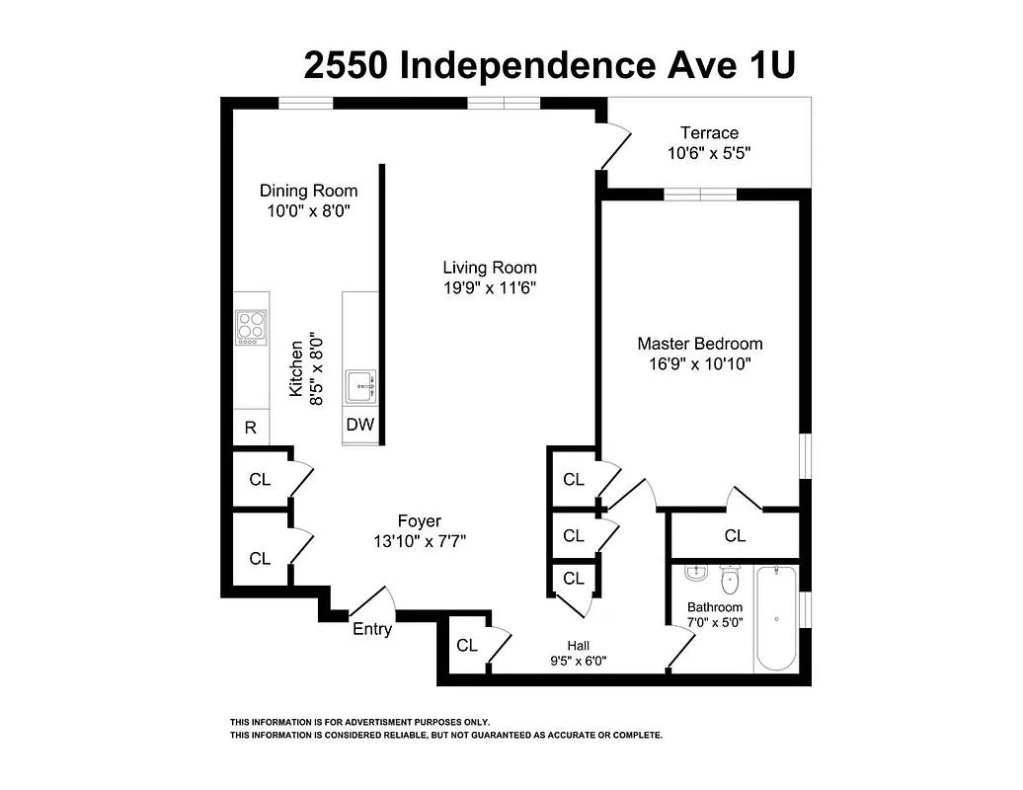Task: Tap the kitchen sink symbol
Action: click(x=360, y=386)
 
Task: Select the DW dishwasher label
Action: click(x=359, y=425)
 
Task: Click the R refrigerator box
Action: click(x=251, y=428)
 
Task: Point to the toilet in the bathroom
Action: click(x=731, y=577)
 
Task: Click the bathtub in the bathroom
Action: click(x=777, y=617)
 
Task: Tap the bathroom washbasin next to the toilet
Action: click(x=697, y=574)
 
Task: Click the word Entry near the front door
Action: click(x=372, y=629)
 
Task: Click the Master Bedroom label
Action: click(x=699, y=344)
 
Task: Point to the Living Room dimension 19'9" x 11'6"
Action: click(x=489, y=287)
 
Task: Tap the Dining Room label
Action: click(x=308, y=191)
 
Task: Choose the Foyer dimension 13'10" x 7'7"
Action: click(x=419, y=541)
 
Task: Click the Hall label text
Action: click(x=579, y=646)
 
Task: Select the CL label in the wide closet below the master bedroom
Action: click(x=735, y=536)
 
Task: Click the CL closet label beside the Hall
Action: click(x=467, y=646)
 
